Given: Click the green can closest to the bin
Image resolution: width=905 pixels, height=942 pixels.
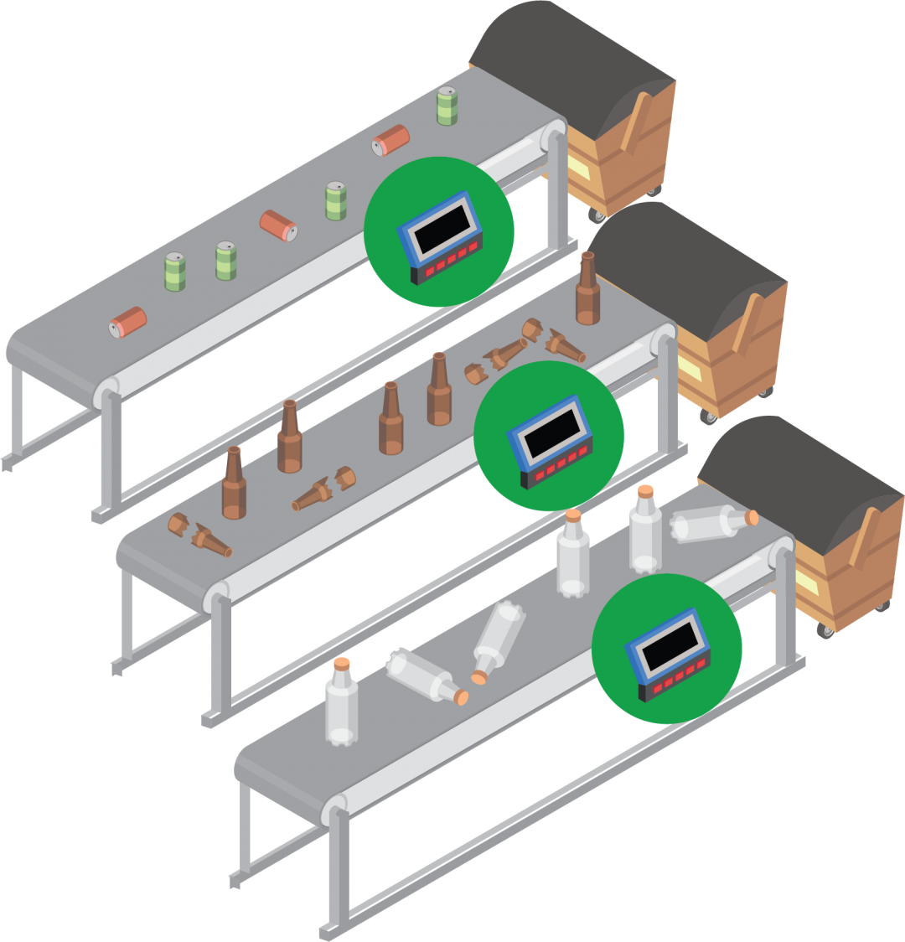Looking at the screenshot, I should (447, 106).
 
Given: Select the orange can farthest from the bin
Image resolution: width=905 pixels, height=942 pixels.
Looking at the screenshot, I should (128, 322).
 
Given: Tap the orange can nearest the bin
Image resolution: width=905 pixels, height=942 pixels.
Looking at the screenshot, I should (390, 139).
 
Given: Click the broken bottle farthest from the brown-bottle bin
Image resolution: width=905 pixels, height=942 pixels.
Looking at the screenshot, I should (199, 536).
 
